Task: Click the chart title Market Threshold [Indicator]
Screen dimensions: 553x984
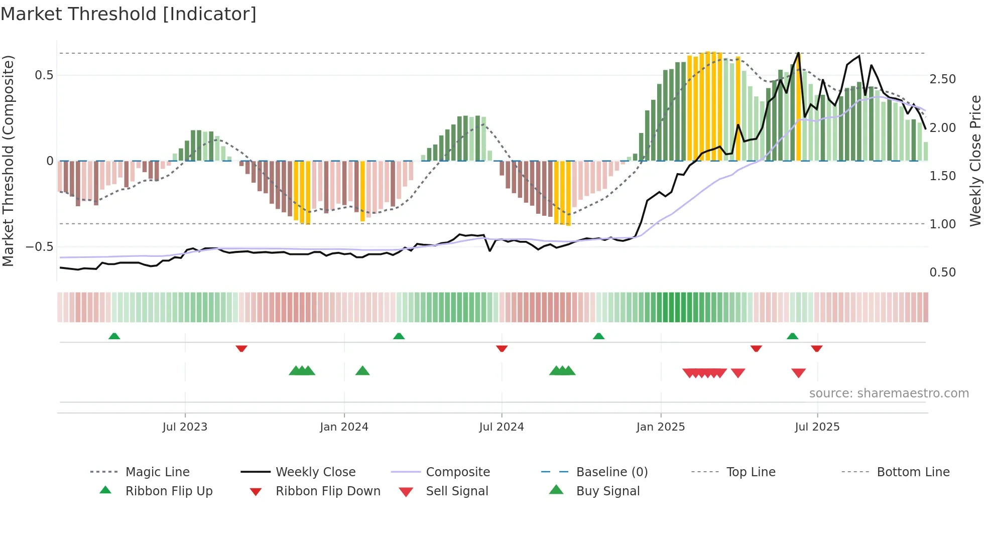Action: (x=129, y=14)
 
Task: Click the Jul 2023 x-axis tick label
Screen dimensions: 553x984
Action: (x=185, y=427)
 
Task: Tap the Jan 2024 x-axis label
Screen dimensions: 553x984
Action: (x=344, y=427)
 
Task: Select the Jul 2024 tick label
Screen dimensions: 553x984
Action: (x=501, y=427)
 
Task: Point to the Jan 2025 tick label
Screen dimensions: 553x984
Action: (x=660, y=427)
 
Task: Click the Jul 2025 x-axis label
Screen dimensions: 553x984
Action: (x=817, y=427)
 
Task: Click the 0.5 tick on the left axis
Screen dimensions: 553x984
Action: (x=44, y=75)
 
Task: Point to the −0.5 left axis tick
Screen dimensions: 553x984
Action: (x=39, y=247)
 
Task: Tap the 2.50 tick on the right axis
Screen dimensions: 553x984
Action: (x=942, y=79)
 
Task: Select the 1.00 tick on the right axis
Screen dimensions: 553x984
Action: (x=942, y=224)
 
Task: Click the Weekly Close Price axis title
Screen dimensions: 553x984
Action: (x=975, y=161)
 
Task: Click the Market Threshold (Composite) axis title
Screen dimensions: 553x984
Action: (x=8, y=161)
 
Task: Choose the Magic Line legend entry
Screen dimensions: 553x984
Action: (x=157, y=472)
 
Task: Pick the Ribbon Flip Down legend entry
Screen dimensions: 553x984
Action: (x=328, y=491)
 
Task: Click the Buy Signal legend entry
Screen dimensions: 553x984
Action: (x=607, y=491)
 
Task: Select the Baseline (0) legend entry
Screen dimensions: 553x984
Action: (x=611, y=472)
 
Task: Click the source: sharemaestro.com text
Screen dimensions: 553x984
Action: (x=889, y=393)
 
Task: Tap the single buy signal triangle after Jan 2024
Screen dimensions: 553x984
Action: (x=362, y=371)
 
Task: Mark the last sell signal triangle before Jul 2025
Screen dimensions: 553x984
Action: (x=798, y=373)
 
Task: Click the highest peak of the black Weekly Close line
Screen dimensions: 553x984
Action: (x=798, y=53)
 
